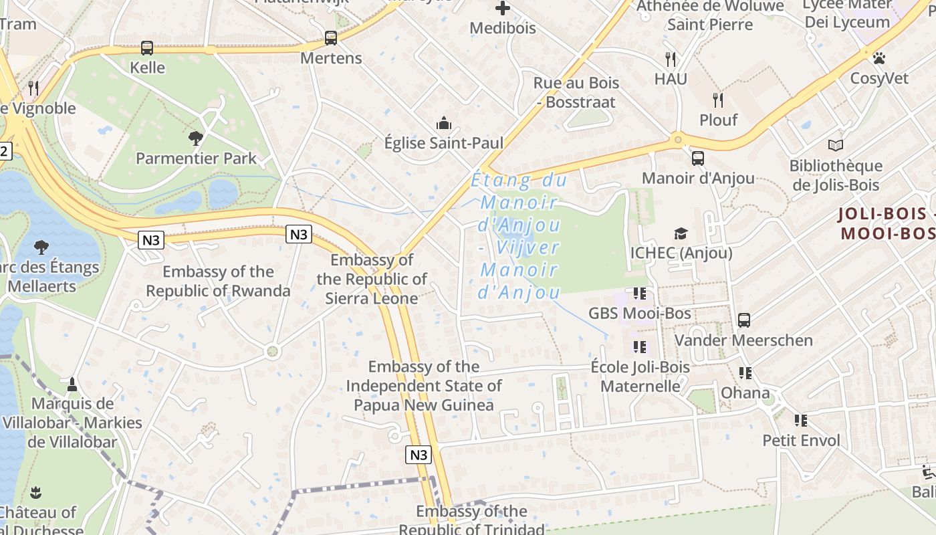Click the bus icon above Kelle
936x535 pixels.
(147, 48)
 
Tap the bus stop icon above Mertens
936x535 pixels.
(330, 38)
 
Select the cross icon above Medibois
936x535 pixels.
(503, 8)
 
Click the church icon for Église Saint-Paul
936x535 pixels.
(443, 123)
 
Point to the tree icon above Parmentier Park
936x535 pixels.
(196, 138)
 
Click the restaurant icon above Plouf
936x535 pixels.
(718, 100)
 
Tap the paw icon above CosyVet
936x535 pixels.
(879, 58)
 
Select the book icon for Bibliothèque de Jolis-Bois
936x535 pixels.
(835, 145)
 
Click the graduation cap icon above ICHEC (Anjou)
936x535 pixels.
(681, 233)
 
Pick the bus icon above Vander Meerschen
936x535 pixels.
(743, 320)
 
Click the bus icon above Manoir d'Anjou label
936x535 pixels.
(697, 158)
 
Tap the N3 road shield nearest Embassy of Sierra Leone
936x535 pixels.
(299, 234)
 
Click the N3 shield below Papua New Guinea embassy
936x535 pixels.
(418, 455)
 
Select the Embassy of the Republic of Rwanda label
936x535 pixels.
(218, 281)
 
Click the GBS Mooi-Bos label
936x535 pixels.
(639, 313)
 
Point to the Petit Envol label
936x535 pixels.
(801, 440)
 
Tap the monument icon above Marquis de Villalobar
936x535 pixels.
(72, 384)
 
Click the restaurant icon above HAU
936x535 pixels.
(671, 59)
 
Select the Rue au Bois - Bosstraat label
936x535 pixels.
(576, 92)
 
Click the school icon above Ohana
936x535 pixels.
(745, 373)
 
